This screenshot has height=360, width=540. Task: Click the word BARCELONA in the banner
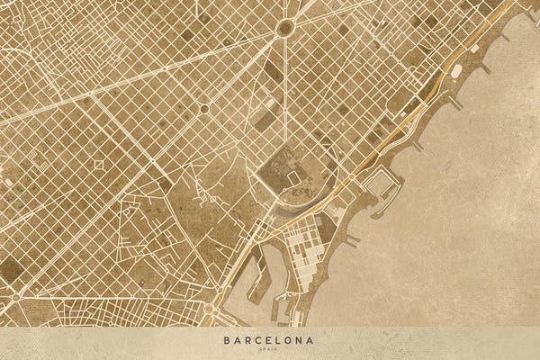point(270,341)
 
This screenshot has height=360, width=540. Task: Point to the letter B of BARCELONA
point(227,341)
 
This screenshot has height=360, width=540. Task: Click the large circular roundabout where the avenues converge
point(285,28)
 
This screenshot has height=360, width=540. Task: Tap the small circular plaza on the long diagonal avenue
point(204,109)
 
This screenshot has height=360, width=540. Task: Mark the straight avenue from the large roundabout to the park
point(287,90)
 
